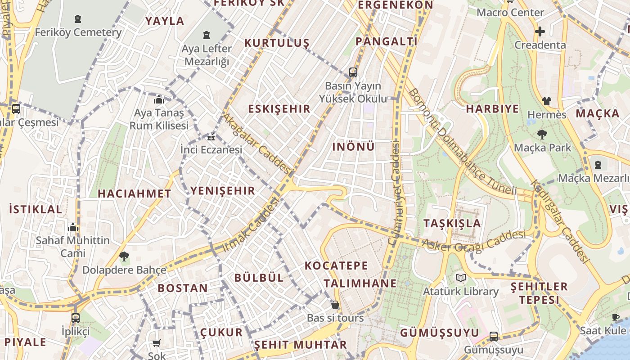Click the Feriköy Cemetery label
click(x=78, y=32)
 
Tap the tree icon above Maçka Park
click(x=542, y=134)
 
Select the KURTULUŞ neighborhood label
click(x=277, y=43)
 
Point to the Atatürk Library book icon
click(x=460, y=278)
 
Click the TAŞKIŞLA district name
click(x=452, y=223)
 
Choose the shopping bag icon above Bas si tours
click(x=335, y=305)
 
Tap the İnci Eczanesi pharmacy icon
click(x=211, y=137)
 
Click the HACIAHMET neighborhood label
click(x=134, y=193)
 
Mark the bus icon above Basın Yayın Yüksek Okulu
click(x=353, y=72)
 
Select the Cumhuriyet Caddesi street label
click(x=395, y=193)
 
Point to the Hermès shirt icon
click(x=546, y=101)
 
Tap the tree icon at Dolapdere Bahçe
click(x=124, y=256)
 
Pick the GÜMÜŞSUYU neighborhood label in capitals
click(x=440, y=333)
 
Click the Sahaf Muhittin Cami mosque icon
click(x=73, y=227)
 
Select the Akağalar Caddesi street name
click(x=257, y=143)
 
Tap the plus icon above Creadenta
click(x=540, y=31)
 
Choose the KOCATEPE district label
click(x=336, y=265)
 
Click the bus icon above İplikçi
click(x=76, y=318)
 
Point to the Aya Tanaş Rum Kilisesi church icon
click(x=159, y=99)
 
